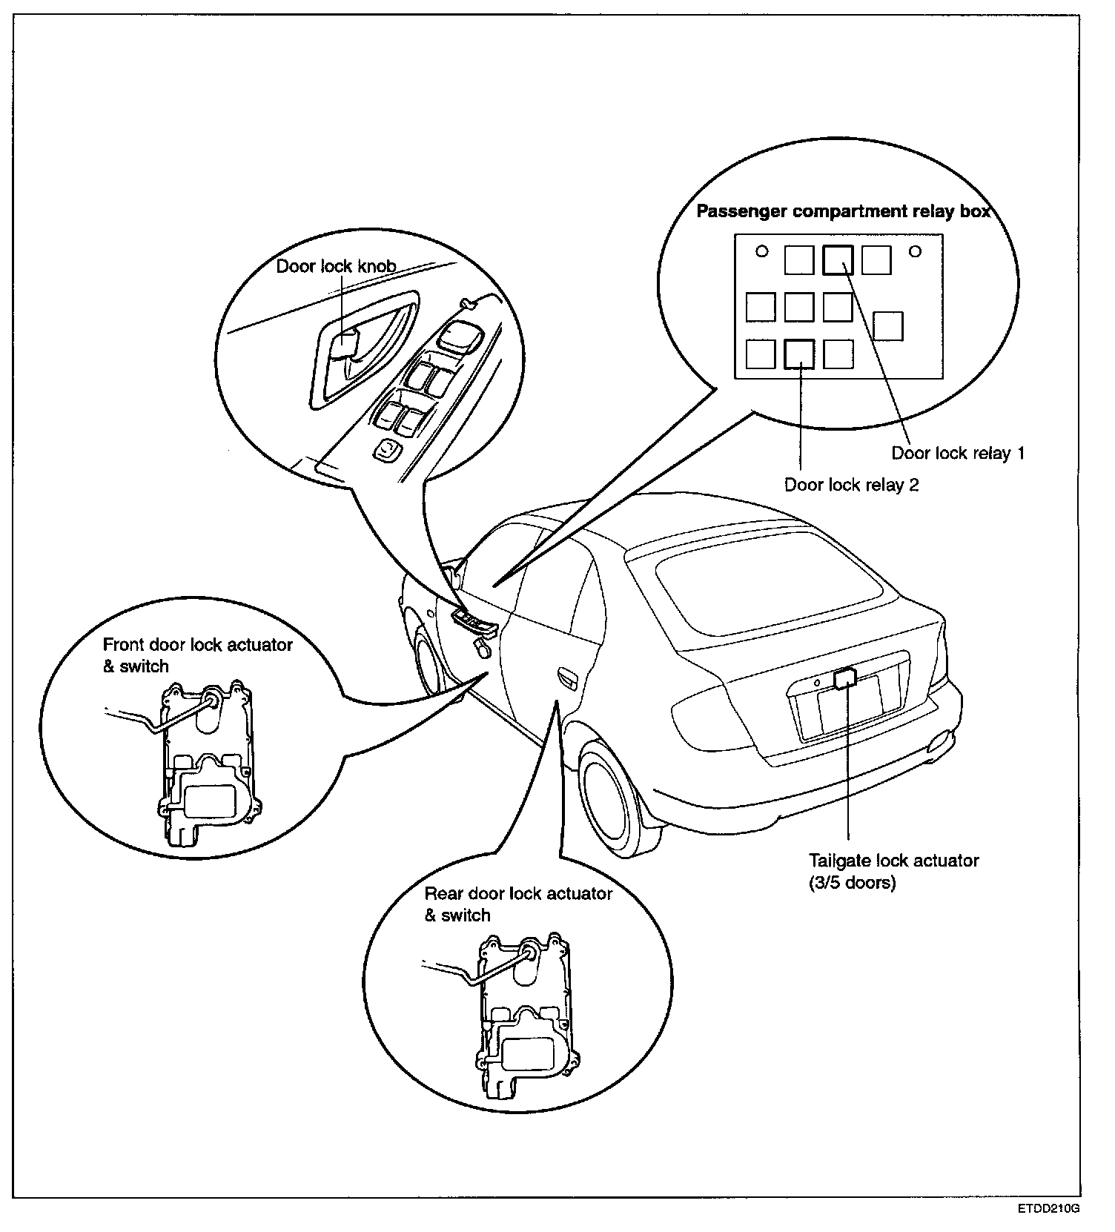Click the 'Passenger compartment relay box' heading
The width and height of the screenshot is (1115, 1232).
843,211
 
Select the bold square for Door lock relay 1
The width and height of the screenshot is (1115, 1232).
838,260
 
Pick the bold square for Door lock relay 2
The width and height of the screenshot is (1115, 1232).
799,354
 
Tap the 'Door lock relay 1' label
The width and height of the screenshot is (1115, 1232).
958,453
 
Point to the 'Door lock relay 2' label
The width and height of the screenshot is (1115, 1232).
852,485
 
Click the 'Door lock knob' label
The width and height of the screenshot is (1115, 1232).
336,266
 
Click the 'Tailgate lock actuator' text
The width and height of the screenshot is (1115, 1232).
893,861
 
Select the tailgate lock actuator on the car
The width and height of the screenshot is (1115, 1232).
845,678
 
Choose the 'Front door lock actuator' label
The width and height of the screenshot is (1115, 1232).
197,645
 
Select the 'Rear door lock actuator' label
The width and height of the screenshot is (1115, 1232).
518,893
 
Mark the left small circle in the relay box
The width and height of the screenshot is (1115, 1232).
761,251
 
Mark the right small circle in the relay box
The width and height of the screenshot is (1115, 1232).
915,251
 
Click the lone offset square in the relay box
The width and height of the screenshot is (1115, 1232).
887,326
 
